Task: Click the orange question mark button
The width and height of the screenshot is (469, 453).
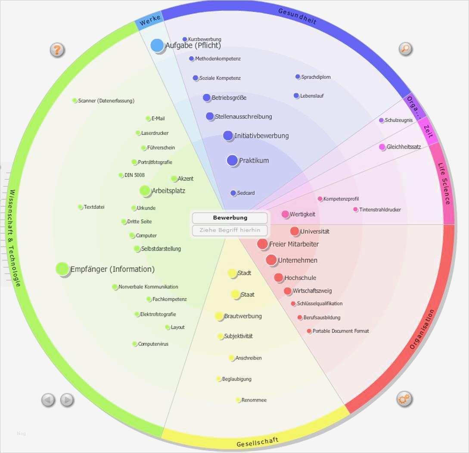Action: pos(57,50)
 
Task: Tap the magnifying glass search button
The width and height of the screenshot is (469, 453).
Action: pos(405,49)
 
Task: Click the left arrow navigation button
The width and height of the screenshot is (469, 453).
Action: pos(48,400)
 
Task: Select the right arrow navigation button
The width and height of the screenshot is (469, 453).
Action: pos(67,400)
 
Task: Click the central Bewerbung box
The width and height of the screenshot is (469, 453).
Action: pos(230,218)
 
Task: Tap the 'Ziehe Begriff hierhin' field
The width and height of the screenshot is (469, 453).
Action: pos(230,230)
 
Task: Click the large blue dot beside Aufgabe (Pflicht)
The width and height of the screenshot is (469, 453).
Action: pos(157,45)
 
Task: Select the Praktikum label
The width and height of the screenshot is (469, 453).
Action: pos(254,161)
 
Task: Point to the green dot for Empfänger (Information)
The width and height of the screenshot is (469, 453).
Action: pos(62,269)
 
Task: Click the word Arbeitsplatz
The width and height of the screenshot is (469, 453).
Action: pos(168,191)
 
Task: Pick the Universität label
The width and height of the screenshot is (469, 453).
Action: pos(314,232)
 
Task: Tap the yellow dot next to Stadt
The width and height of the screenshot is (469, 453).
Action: pos(232,273)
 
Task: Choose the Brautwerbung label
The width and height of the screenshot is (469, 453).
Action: pos(242,316)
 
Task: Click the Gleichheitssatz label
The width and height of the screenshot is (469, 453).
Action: pos(404,147)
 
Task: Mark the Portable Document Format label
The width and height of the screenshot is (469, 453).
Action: pos(340,331)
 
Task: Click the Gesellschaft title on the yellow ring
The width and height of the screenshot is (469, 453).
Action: pos(258,442)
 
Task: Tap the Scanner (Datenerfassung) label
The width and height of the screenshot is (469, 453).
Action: pos(106,101)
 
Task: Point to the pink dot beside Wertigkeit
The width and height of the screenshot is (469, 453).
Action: pos(285,214)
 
